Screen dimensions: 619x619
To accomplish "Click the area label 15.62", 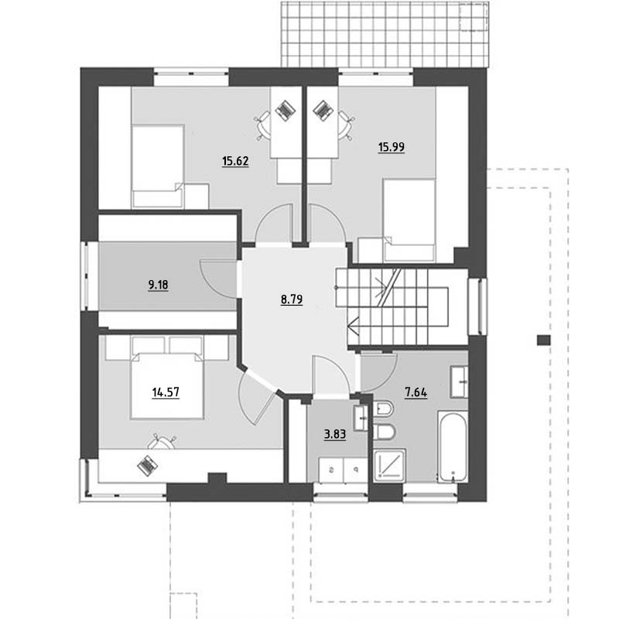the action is point(235,161).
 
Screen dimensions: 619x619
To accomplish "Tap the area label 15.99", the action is point(392,147).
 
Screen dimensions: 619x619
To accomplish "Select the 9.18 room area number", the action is point(158,285).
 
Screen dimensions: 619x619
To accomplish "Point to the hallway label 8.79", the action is point(292,299).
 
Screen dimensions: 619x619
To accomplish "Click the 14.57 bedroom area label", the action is point(166,392).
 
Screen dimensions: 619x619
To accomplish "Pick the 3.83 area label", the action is point(335,434).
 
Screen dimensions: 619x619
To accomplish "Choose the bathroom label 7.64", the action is point(416,392).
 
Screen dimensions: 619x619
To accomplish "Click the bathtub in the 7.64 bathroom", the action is point(453,446).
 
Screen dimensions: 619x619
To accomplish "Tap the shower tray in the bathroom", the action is point(390,465).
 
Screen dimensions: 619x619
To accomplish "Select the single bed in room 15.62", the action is point(158,166).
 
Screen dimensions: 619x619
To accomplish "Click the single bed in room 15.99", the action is point(409,220).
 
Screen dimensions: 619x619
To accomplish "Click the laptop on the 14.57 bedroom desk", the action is point(148,466).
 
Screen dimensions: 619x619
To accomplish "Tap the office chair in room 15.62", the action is point(263,125).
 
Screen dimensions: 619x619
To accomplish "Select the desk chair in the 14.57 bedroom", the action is point(162,441).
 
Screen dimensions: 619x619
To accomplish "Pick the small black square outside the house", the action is point(544,340).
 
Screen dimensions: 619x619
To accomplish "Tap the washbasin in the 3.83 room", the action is point(361,418).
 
